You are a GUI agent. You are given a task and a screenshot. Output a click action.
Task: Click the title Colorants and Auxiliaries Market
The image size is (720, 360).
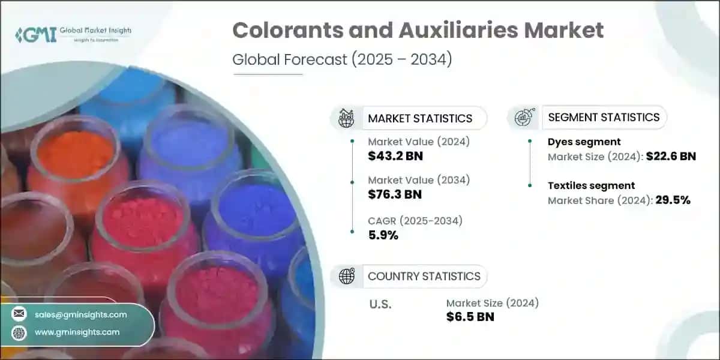(x=418, y=31)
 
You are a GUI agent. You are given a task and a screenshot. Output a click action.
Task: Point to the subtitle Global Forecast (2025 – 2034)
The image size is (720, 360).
(x=342, y=60)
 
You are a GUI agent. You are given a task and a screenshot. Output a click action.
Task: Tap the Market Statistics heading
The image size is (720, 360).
(x=420, y=118)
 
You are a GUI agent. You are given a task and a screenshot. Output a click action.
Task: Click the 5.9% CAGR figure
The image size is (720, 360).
(x=383, y=235)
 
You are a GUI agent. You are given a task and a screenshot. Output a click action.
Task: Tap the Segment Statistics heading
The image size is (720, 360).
(x=604, y=117)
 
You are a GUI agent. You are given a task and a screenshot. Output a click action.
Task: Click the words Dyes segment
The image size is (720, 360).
(x=584, y=142)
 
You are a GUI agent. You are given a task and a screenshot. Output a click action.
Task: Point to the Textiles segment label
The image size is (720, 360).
(x=591, y=185)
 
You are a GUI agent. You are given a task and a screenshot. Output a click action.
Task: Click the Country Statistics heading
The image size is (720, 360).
(x=424, y=276)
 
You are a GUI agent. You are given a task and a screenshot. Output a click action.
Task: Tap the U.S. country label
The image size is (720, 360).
(x=380, y=304)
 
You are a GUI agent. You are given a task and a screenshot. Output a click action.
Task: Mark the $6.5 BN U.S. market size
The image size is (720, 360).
(x=470, y=317)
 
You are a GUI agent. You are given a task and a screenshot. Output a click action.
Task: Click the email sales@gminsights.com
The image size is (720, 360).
(x=80, y=314)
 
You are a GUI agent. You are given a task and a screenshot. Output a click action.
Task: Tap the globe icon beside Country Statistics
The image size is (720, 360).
(x=346, y=276)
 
